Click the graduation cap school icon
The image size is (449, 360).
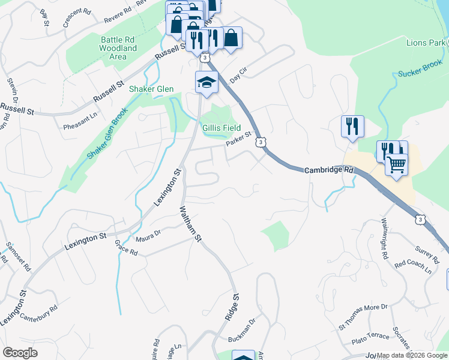(206, 82)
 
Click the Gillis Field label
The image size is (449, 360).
(221, 128)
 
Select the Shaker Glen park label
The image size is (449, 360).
(151, 89)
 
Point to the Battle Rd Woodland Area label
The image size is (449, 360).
(118, 48)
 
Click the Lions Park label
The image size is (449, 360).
(427, 43)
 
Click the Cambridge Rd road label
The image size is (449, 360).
(330, 170)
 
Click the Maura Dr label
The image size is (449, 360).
(148, 235)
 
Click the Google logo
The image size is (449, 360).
(20, 353)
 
